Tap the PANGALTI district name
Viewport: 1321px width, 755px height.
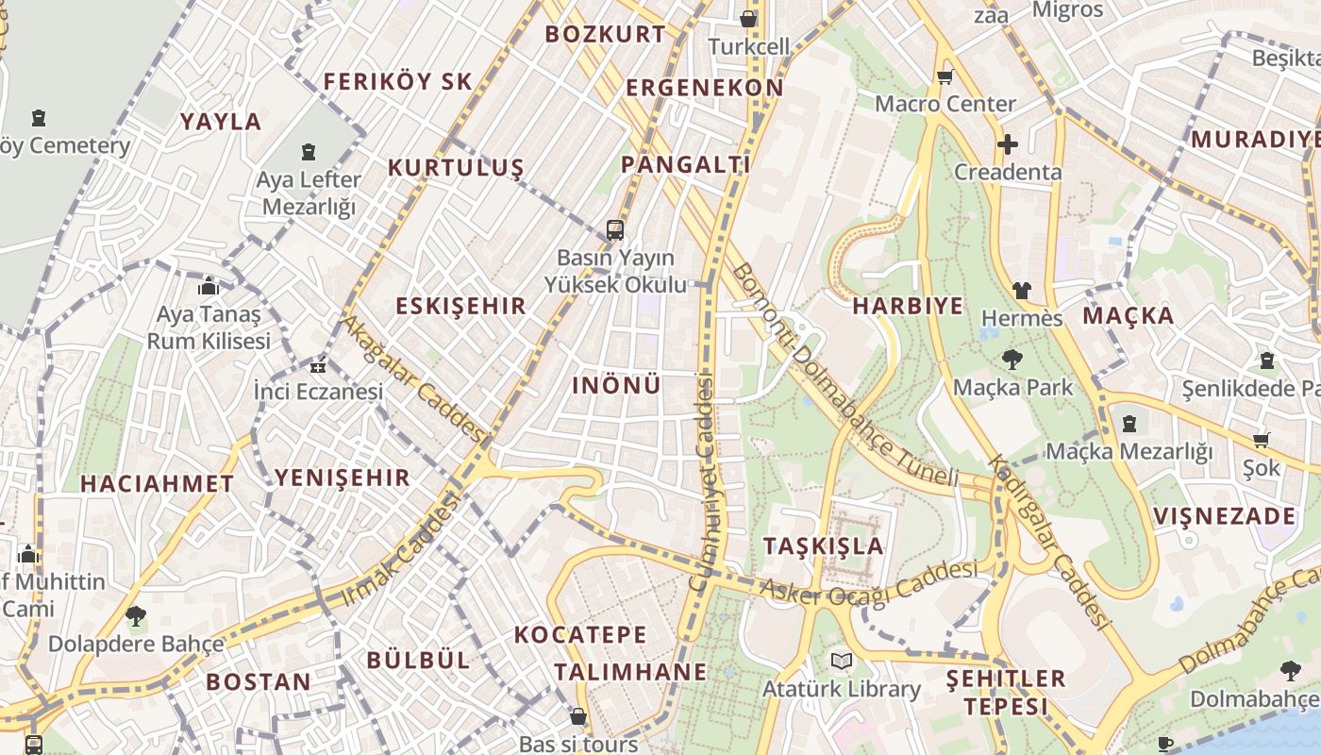pos(686,164)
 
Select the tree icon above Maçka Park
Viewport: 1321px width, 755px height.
pos(1012,360)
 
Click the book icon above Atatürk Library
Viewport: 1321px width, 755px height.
pos(841,661)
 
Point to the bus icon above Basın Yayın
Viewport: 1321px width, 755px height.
pos(615,229)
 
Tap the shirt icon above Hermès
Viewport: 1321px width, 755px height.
pos(1022,291)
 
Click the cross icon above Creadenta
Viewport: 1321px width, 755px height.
pos(1008,144)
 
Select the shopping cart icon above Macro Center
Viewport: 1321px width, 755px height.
pos(945,76)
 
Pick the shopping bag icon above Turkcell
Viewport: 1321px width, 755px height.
pos(748,19)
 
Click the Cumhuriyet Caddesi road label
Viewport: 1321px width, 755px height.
pos(704,481)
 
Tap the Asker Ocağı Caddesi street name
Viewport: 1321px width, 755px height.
pos(868,583)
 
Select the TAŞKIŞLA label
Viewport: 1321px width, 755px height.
pos(823,545)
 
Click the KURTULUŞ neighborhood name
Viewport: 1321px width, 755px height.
pos(456,168)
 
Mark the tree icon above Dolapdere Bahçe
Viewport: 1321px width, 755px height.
pos(136,616)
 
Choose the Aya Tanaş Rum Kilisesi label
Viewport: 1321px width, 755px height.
pos(209,327)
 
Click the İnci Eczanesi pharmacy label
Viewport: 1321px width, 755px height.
pos(318,391)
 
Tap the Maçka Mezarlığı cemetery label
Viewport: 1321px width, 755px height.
pos(1129,451)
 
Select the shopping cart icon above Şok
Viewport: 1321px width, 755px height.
pos(1262,440)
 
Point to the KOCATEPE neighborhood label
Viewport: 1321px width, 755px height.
pos(580,634)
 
